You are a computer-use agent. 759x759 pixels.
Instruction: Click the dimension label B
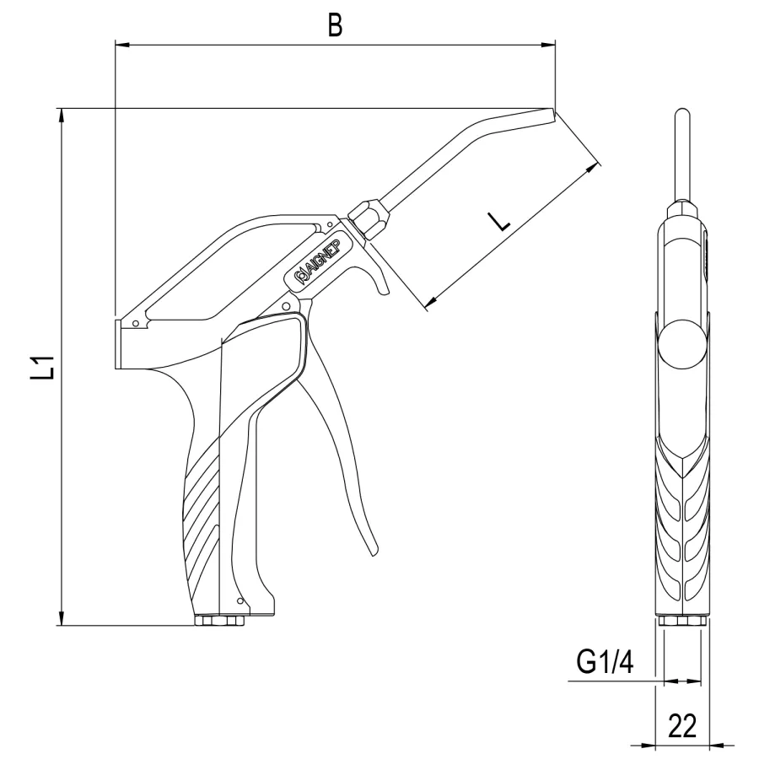[x=335, y=25]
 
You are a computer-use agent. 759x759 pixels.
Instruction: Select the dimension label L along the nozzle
[x=499, y=222]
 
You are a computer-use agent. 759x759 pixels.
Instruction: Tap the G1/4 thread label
[x=605, y=661]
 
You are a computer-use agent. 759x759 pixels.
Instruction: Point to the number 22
[x=682, y=725]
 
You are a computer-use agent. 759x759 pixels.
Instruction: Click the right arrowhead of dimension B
[x=548, y=45]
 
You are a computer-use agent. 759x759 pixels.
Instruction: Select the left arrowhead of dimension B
[x=123, y=45]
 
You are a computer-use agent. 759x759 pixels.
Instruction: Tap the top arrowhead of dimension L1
[x=61, y=116]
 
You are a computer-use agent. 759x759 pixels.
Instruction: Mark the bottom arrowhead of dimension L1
[x=61, y=617]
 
